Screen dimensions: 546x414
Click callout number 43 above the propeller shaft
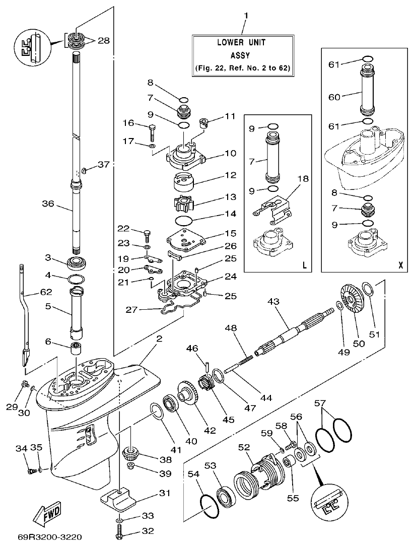click(273, 301)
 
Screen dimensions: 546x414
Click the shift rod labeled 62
click(25, 312)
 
